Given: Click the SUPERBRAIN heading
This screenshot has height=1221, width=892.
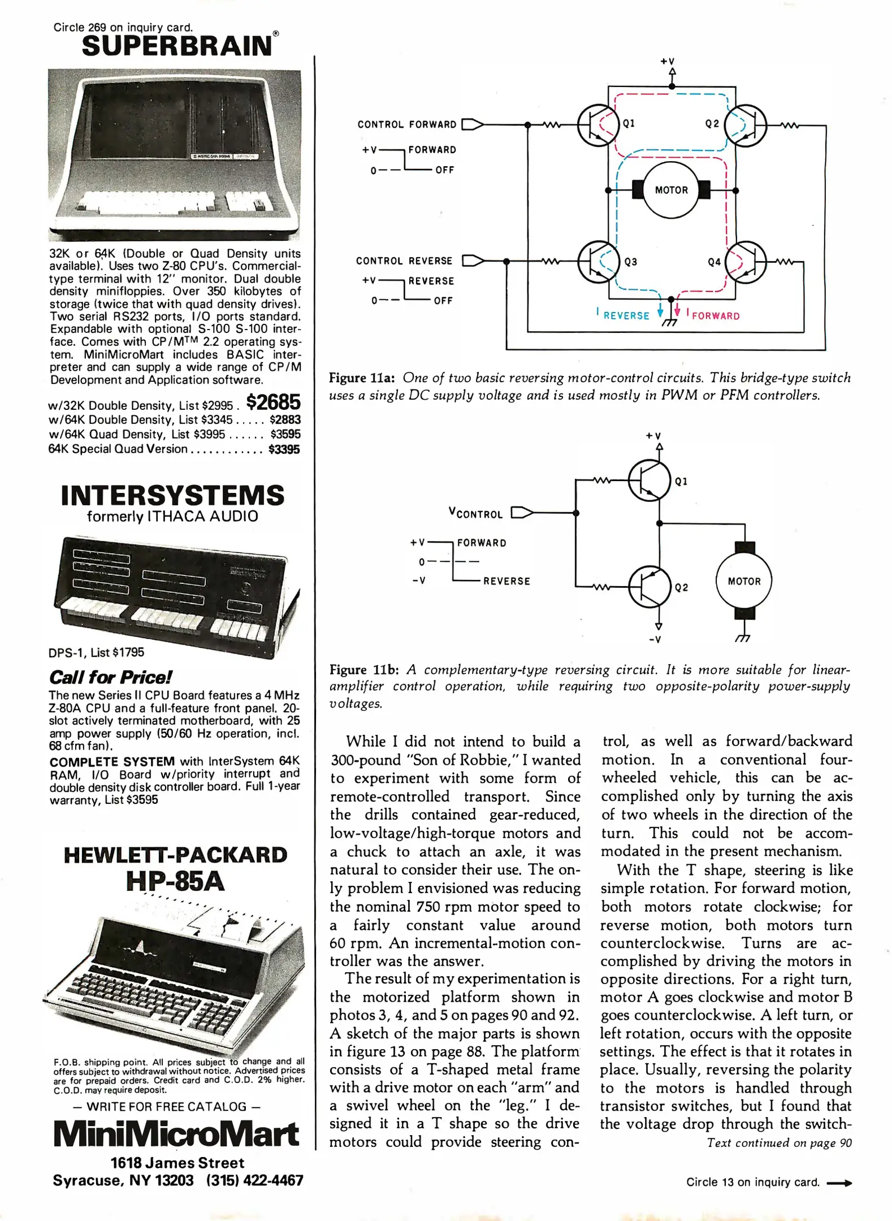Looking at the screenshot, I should (177, 46).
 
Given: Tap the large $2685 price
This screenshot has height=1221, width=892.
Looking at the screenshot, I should (274, 402).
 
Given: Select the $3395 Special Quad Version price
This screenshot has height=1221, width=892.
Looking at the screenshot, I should (284, 449).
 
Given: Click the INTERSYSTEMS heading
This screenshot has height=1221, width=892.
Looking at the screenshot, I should (172, 495).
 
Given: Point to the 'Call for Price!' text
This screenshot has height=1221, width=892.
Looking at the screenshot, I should (110, 677).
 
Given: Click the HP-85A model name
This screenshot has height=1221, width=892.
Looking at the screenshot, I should (175, 881).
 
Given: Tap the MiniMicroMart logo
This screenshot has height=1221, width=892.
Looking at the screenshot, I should (176, 1134).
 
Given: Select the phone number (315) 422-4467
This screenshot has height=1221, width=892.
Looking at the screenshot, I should (254, 1180).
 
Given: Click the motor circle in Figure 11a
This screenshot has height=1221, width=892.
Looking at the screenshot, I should (671, 190).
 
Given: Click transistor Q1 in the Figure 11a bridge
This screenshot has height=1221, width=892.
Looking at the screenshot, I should (595, 125).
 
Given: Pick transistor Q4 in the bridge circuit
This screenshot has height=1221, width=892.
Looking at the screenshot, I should (747, 262).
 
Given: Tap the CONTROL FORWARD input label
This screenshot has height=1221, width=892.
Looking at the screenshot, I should (406, 124).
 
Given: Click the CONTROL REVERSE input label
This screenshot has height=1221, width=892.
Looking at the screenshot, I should (404, 261).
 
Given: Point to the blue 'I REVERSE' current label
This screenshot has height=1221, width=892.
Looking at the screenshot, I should (624, 315).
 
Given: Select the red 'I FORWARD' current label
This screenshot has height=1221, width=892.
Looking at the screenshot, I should (713, 315).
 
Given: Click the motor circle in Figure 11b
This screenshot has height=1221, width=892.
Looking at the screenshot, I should (743, 581).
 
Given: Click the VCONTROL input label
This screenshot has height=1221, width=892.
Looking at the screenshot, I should (475, 513).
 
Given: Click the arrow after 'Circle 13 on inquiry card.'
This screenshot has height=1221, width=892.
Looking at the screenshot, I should (839, 1182).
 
